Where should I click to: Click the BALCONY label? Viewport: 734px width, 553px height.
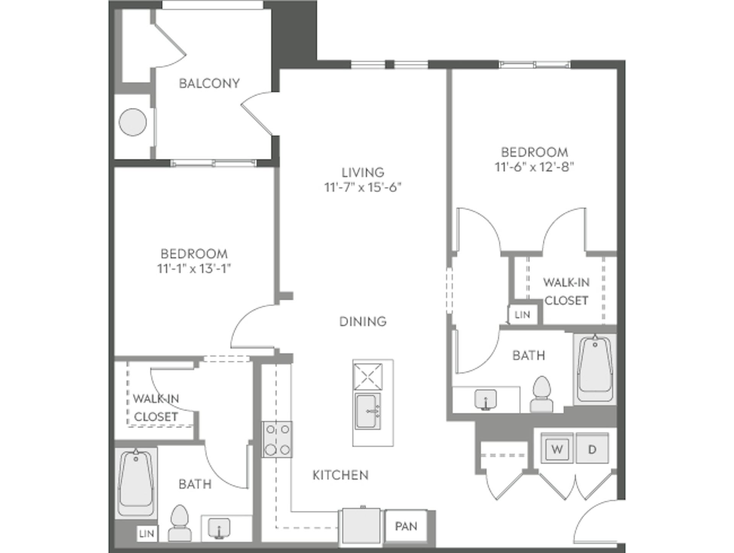click(x=209, y=83)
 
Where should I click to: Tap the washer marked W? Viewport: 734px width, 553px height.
click(x=557, y=449)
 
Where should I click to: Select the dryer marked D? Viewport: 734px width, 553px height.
click(x=592, y=449)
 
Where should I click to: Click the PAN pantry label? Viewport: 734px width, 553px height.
click(x=406, y=526)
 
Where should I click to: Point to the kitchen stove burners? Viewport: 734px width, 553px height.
click(x=277, y=439)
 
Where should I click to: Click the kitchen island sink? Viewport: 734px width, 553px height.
click(x=367, y=411)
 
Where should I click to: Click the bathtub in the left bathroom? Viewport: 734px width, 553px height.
click(x=136, y=483)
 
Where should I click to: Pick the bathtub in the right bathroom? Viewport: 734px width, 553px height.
click(x=595, y=369)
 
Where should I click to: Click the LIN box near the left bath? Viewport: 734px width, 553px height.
click(x=147, y=534)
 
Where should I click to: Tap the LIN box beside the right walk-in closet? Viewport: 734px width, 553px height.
click(x=522, y=315)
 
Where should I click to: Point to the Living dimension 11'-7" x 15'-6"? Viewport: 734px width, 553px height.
click(x=362, y=187)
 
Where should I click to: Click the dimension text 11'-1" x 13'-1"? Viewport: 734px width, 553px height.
click(x=194, y=269)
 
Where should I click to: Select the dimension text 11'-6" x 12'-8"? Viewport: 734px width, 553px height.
click(x=534, y=167)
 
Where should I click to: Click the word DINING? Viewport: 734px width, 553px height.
click(x=363, y=321)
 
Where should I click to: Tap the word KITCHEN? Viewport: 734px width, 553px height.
click(x=340, y=475)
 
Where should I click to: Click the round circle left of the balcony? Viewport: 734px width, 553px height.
click(x=133, y=122)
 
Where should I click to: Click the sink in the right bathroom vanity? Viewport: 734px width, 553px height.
click(x=485, y=400)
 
